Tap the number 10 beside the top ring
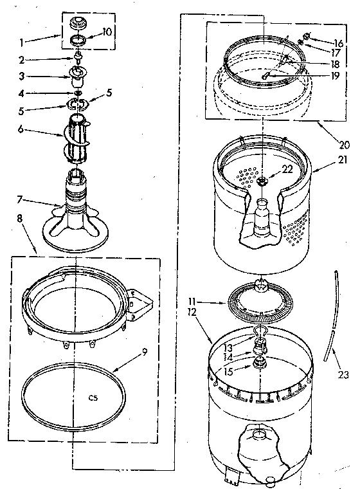107,32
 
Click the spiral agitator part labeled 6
79,135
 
